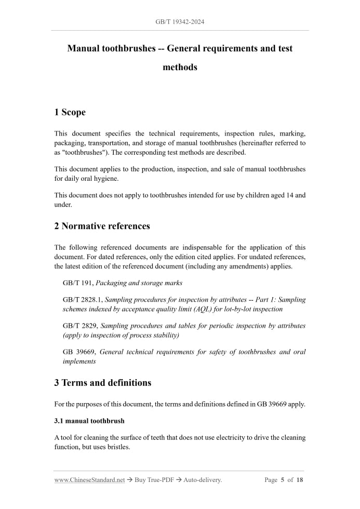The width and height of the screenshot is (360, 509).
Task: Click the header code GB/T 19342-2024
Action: click(180, 22)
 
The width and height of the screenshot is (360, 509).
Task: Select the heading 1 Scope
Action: click(70, 112)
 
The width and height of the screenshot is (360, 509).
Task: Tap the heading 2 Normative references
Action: click(102, 226)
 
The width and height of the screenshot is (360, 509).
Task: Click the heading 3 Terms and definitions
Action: click(102, 383)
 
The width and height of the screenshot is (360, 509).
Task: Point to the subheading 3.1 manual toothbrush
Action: click(89, 420)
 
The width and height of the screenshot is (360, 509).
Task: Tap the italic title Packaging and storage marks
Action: click(139, 283)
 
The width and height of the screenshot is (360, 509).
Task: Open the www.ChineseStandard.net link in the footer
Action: click(89, 480)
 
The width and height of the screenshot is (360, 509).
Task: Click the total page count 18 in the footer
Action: click(300, 480)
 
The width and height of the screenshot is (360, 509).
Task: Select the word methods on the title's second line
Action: click(180, 67)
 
